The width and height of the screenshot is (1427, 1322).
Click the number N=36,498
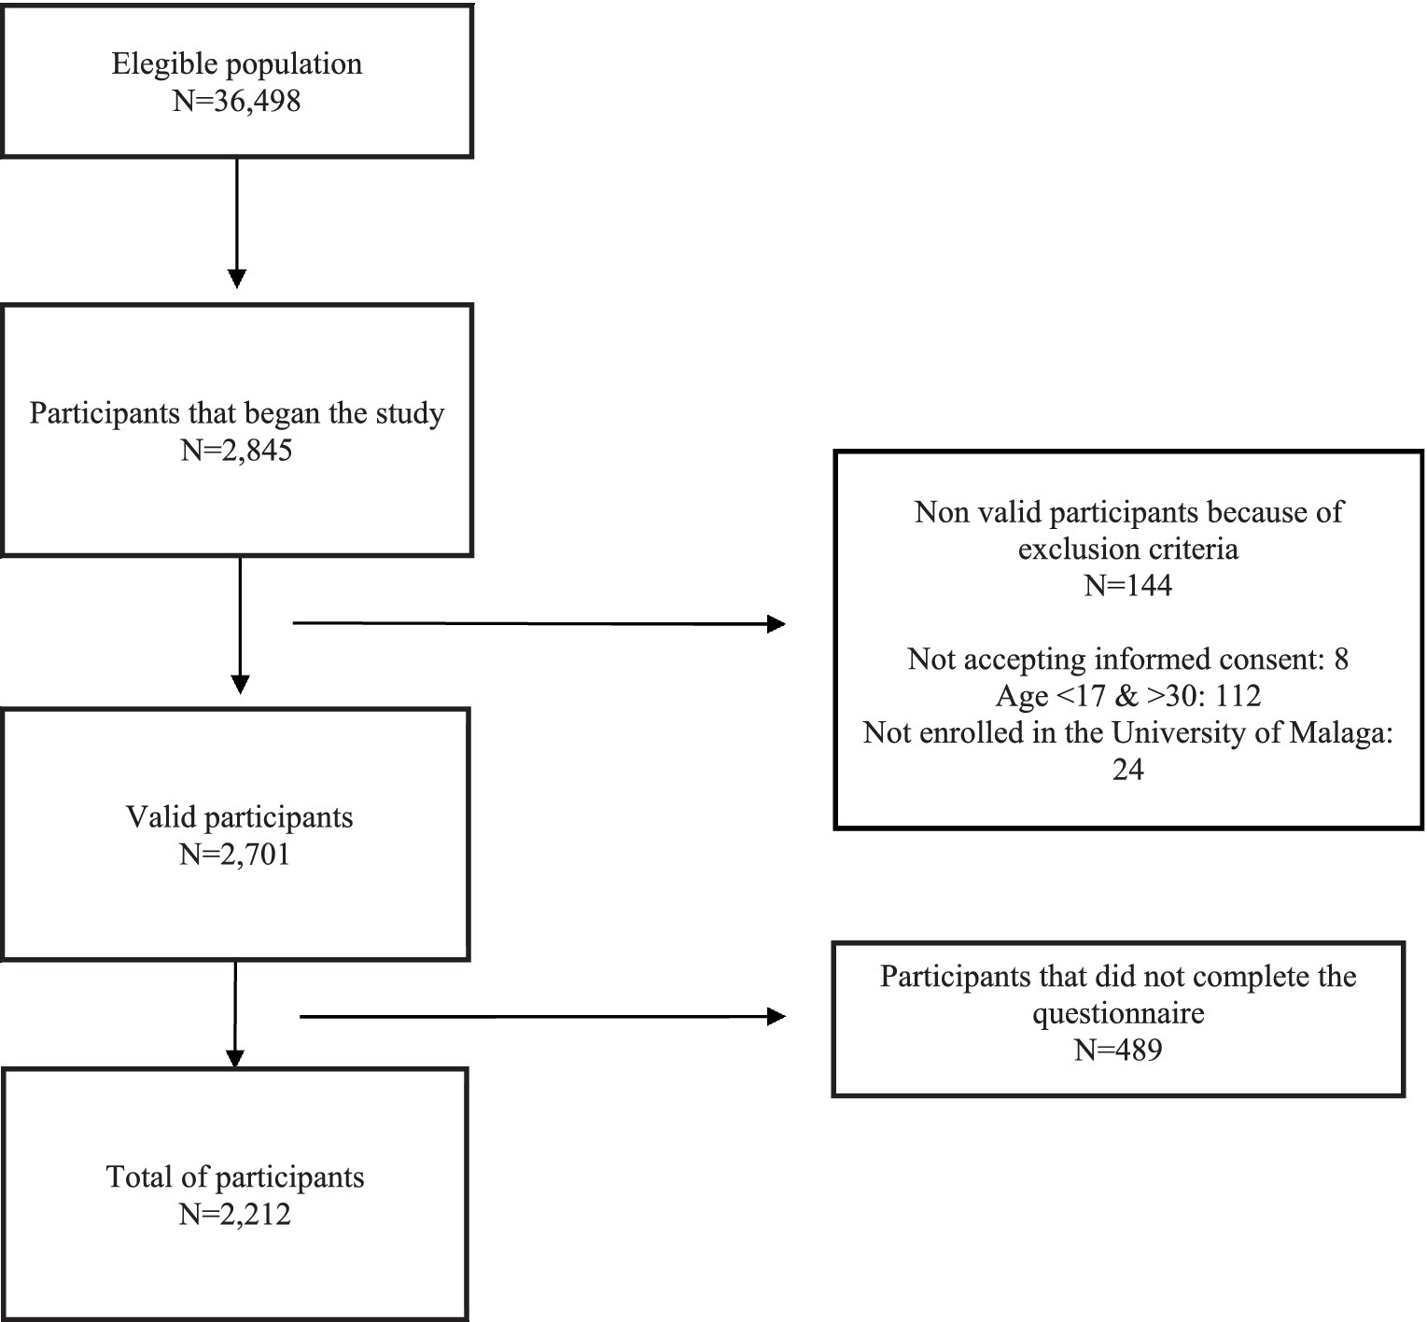pyautogui.click(x=237, y=101)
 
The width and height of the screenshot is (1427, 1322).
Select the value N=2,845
pyautogui.click(x=236, y=451)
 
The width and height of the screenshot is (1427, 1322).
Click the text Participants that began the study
pyautogui.click(x=236, y=413)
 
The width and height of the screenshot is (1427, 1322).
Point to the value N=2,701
pyautogui.click(x=235, y=854)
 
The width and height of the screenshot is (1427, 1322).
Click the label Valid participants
pyautogui.click(x=240, y=817)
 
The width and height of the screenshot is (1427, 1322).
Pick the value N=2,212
pyautogui.click(x=235, y=1214)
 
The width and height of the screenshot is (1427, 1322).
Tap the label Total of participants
pyautogui.click(x=235, y=1176)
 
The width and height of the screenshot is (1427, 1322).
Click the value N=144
pyautogui.click(x=1127, y=585)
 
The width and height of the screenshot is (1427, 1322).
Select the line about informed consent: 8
pyautogui.click(x=1127, y=660)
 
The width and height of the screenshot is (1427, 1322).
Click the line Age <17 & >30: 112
pyautogui.click(x=1127, y=696)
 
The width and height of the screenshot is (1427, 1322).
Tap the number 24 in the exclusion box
pyautogui.click(x=1127, y=770)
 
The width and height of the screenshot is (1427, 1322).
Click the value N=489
pyautogui.click(x=1117, y=1051)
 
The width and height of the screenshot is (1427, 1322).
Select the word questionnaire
pyautogui.click(x=1117, y=1013)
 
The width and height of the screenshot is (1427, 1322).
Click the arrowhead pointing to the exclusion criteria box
pyautogui.click(x=776, y=624)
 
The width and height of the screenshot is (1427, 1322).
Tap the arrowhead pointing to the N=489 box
pyautogui.click(x=776, y=1017)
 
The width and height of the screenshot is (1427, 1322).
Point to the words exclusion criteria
pyautogui.click(x=1127, y=549)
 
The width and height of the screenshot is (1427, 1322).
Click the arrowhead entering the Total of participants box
pyautogui.click(x=235, y=1059)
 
